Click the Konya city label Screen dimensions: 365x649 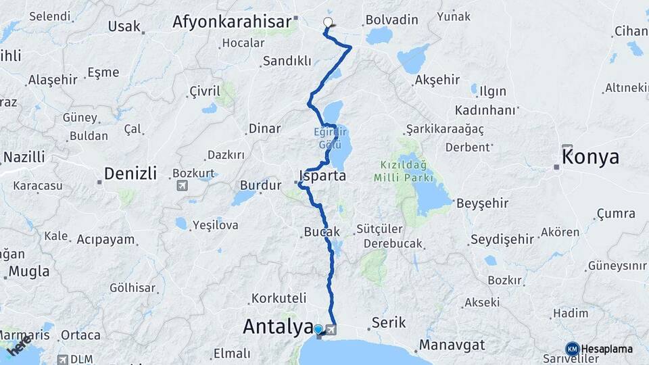tap(590, 157)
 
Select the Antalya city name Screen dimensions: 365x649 tap(277, 326)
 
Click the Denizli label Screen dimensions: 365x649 tap(130, 174)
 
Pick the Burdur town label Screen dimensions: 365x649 tap(260, 185)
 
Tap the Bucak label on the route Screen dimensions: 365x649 tap(322, 232)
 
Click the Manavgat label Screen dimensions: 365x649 tap(452, 345)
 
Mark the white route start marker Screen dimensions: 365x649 tap(328, 22)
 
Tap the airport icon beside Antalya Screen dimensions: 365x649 tap(332, 330)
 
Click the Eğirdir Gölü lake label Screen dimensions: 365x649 tap(329, 138)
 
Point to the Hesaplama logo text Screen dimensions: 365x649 tap(606, 349)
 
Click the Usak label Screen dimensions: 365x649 tap(124, 27)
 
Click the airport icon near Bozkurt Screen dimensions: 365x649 tap(183, 186)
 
